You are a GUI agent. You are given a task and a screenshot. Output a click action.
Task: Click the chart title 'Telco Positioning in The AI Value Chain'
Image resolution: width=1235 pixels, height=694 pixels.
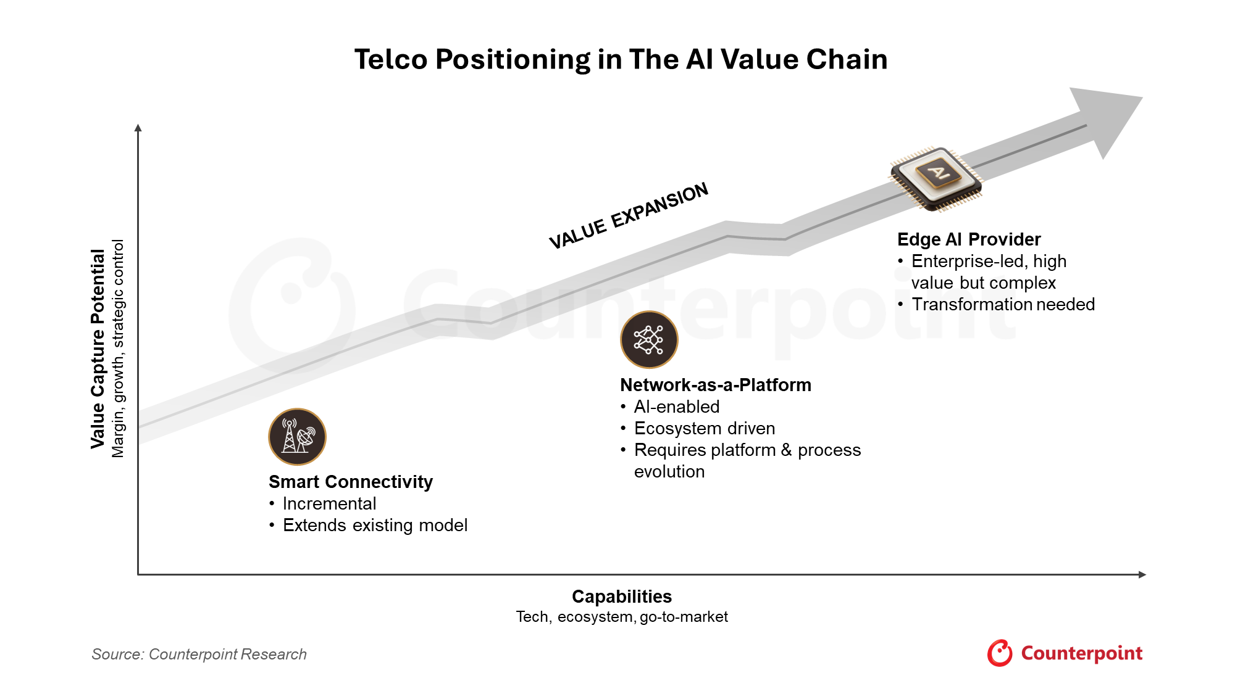click(621, 60)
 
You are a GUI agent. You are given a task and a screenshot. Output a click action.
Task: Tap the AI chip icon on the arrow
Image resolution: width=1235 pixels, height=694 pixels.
click(936, 179)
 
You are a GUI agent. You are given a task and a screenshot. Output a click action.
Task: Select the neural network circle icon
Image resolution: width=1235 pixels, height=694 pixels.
click(649, 339)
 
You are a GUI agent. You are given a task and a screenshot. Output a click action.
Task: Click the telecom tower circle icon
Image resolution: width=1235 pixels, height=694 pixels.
click(297, 437)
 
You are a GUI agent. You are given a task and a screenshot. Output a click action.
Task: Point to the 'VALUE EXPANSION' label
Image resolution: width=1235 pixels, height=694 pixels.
click(629, 215)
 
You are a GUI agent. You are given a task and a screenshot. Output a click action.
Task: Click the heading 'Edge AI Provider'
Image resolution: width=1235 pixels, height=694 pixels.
click(969, 239)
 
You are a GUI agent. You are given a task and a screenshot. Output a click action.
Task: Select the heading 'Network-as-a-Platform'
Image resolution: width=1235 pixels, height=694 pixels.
click(716, 385)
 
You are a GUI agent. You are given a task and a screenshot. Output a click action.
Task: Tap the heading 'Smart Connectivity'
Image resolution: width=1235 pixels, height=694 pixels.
click(351, 482)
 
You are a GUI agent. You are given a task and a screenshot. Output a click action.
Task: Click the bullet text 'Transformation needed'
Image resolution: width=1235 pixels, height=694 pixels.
click(1003, 304)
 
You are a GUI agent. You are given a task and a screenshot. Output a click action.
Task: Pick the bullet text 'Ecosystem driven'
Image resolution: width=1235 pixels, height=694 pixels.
click(705, 428)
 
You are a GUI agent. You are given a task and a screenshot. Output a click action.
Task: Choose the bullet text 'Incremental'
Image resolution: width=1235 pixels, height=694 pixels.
click(329, 503)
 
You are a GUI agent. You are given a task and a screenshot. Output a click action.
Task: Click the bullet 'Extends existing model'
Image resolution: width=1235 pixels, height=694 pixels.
click(375, 525)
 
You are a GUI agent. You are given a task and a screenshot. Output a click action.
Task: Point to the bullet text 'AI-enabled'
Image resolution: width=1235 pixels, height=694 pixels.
click(677, 407)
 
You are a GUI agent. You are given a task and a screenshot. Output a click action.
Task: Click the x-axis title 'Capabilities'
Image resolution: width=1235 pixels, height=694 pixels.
click(622, 597)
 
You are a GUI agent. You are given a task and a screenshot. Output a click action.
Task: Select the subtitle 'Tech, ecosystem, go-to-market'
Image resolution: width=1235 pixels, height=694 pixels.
click(622, 617)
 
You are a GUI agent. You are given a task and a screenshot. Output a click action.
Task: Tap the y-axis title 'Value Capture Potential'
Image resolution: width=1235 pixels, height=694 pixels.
click(98, 349)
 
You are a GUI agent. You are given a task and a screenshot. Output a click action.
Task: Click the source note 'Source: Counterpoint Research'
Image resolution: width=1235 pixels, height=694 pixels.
click(199, 654)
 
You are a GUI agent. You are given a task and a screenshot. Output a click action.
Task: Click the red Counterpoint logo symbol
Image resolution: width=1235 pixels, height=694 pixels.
click(1000, 653)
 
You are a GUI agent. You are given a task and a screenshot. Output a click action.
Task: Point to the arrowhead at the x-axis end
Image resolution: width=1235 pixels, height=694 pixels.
click(1142, 574)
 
